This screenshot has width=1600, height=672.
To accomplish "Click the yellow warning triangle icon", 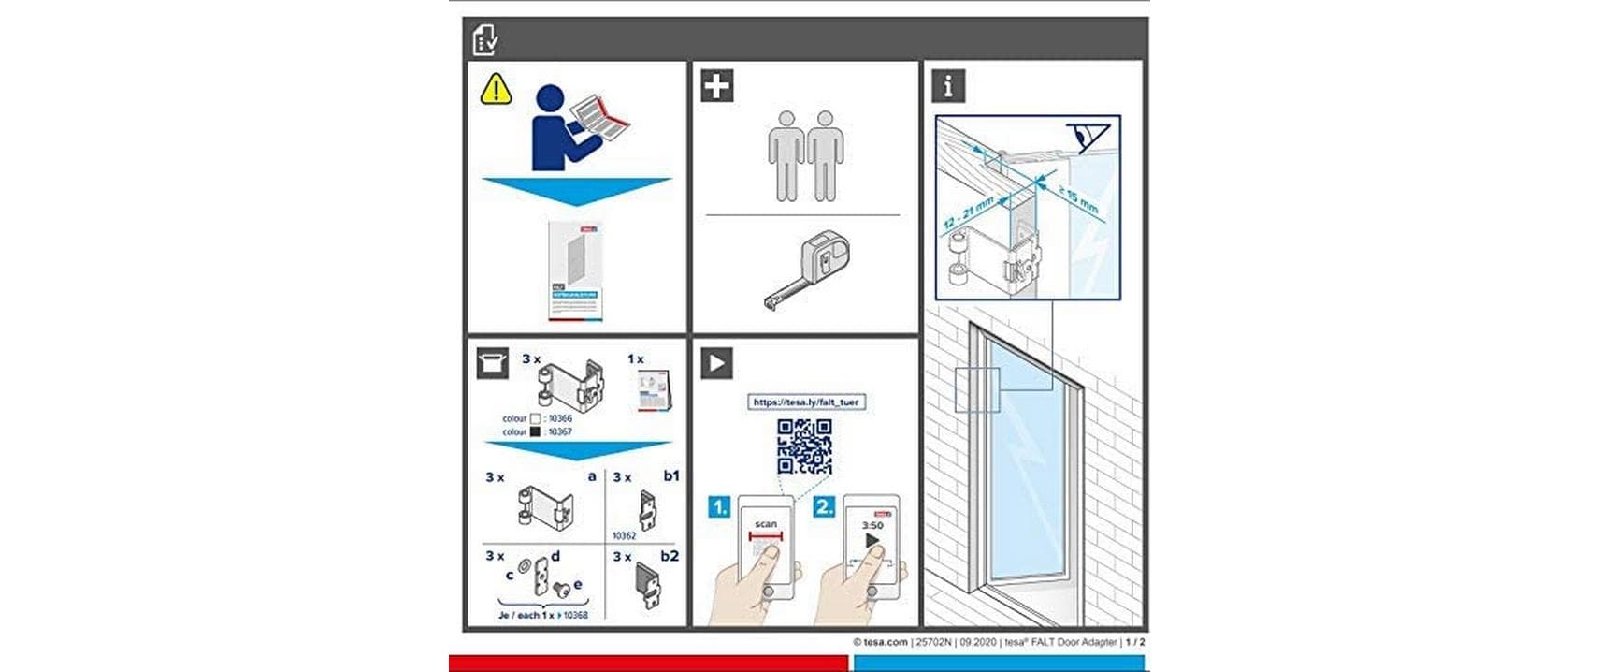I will point(496,89).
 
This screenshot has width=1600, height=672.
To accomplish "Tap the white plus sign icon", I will point(716,86).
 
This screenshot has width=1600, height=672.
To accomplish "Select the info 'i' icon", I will point(947,86).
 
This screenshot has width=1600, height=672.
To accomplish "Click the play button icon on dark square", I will point(716,363).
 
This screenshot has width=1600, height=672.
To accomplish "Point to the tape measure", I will point(810,270).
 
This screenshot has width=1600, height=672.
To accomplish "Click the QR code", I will point(804,446).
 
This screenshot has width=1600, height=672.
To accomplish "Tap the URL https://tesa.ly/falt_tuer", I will point(805,402).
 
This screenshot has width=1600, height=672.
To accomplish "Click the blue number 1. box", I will point(718,507).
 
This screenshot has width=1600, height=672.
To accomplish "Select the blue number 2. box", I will point(824,507).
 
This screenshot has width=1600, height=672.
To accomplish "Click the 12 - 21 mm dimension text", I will point(968,213).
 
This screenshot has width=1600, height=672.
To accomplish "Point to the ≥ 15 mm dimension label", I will point(1078,198).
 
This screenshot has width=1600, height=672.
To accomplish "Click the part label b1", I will point(670,475).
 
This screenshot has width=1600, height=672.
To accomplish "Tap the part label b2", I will point(670,556).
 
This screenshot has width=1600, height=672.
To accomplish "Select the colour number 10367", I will point(559,431).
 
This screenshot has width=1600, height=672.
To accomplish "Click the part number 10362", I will point(624,535).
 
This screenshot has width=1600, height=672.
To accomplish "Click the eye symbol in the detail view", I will point(1088,136).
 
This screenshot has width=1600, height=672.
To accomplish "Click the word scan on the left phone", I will point(766,524).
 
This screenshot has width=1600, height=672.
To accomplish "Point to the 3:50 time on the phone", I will point(872,525).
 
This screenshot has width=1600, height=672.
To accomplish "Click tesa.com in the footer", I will point(885,642).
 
